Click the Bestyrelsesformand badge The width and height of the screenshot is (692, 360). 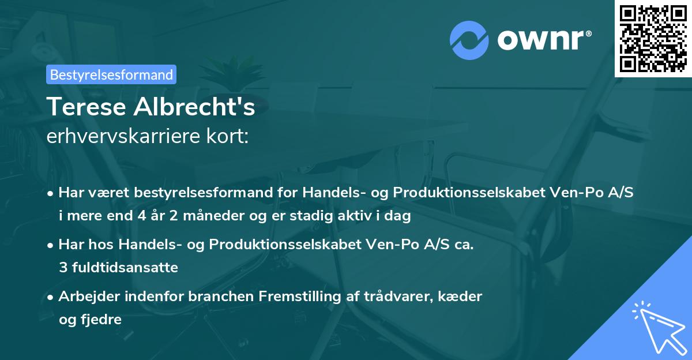pyautogui.click(x=111, y=74)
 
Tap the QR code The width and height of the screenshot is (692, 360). pyautogui.click(x=653, y=38)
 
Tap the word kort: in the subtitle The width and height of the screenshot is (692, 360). pyautogui.click(x=229, y=136)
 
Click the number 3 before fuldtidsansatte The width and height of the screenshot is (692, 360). pyautogui.click(x=62, y=267)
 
